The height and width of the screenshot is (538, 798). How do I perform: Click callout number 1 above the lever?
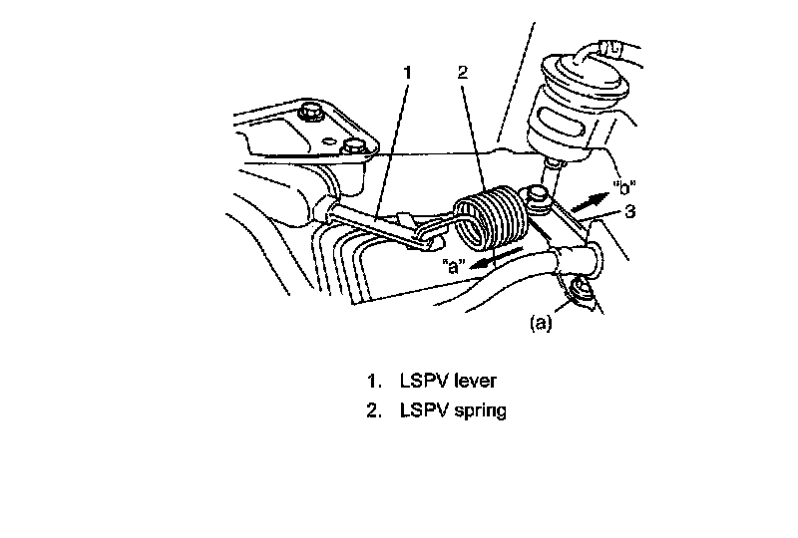407,72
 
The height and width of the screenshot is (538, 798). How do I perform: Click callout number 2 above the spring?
462,72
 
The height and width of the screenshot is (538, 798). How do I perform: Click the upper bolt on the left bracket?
311,113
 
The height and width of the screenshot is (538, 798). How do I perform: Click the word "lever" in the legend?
481,381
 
